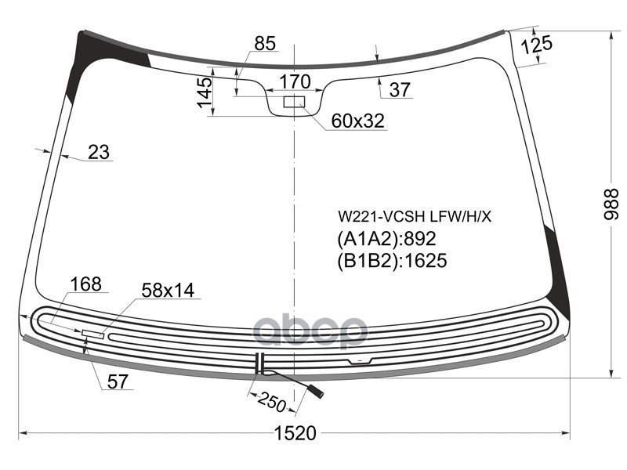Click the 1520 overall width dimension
[295, 433]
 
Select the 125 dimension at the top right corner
[537, 45]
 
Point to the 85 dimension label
[265, 44]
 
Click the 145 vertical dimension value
[205, 92]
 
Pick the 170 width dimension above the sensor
[295, 81]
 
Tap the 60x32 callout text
[358, 121]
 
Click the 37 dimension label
[400, 89]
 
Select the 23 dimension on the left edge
[99, 152]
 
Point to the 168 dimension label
[85, 284]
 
